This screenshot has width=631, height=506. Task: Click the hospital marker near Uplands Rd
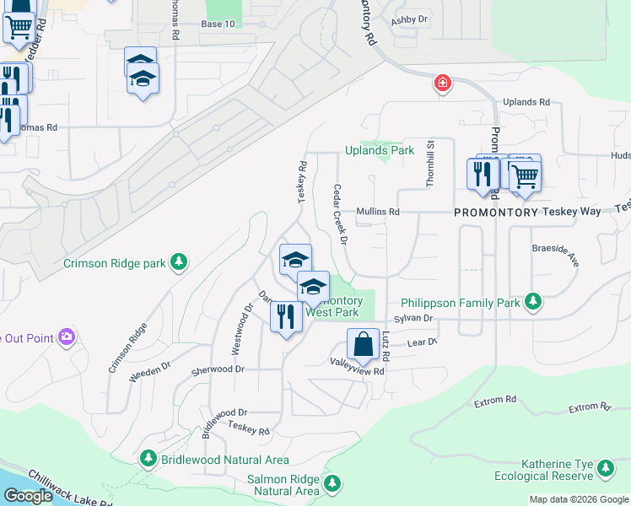[x=442, y=83]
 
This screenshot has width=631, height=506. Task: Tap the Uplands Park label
[x=380, y=151]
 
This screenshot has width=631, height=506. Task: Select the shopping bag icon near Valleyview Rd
[x=363, y=345]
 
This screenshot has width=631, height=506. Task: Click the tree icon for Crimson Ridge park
[x=178, y=263]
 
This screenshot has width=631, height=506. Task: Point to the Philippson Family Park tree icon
[x=532, y=301]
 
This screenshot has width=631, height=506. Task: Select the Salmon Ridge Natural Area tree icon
[x=333, y=483]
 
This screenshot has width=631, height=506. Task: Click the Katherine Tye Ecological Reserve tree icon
[x=605, y=468]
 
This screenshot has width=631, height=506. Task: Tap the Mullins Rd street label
[x=377, y=212]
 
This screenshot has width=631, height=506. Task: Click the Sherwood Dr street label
[x=218, y=369]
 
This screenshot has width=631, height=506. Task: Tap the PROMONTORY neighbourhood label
[x=496, y=212]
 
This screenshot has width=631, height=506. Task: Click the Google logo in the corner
[x=27, y=496]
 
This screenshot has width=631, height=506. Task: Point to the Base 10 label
[x=218, y=24]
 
